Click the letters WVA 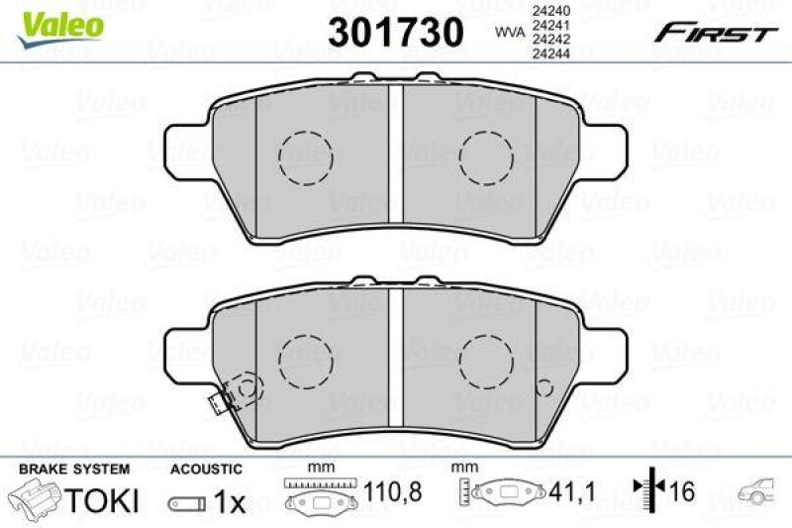[x=509, y=33]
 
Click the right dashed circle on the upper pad [x=486, y=158]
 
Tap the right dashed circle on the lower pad [x=486, y=362]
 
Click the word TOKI [x=102, y=501]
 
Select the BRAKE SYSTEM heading [x=72, y=469]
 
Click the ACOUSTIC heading [x=205, y=469]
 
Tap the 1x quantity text [x=229, y=502]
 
